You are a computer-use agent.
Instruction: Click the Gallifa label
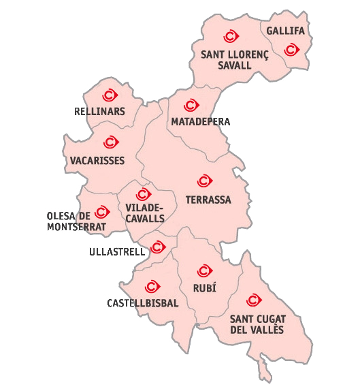[286, 31]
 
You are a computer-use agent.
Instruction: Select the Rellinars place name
[99, 111]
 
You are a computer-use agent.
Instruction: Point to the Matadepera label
[201, 122]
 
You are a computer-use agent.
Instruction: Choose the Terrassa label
[208, 200]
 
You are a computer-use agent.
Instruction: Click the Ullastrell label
[117, 251]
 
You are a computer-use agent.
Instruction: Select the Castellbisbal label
[143, 302]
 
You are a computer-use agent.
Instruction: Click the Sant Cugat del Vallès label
[257, 324]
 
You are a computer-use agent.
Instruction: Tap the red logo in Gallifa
[291, 48]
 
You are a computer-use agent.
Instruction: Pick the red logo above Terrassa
[203, 181]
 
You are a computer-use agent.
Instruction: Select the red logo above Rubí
[201, 270]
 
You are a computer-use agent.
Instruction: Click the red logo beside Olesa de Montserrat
[102, 213]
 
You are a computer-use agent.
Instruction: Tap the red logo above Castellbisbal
[151, 286]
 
